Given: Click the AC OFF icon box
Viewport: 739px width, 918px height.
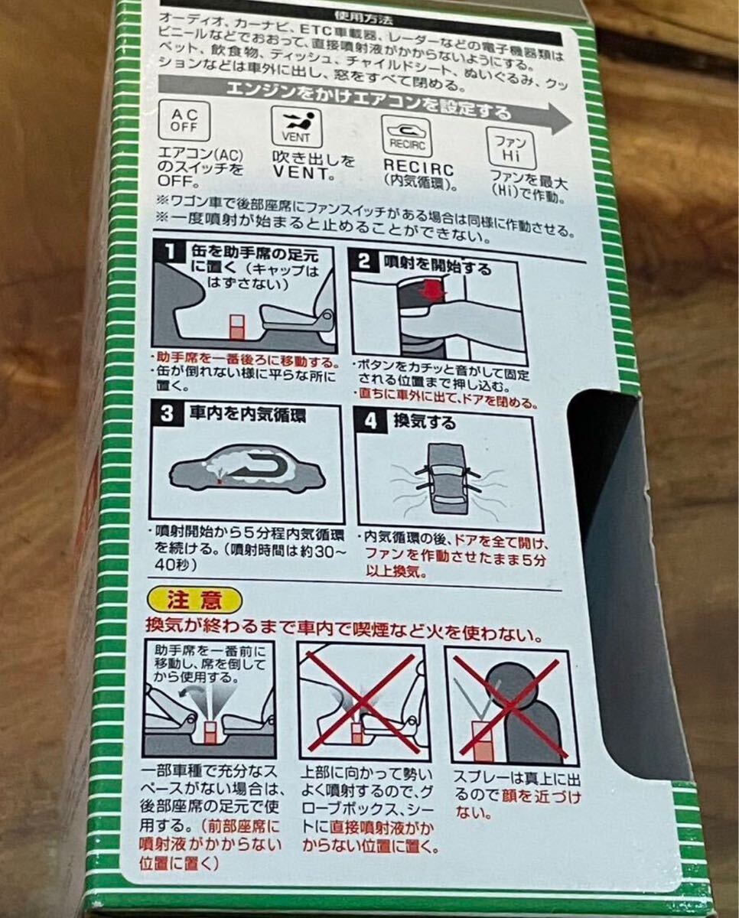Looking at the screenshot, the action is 184,121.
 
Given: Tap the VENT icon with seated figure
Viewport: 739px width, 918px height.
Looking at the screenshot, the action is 297,128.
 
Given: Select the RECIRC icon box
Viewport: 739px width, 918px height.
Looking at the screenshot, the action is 407,137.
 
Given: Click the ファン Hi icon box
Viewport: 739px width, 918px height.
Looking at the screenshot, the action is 512,148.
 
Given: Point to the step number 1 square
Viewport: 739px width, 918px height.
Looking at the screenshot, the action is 169,251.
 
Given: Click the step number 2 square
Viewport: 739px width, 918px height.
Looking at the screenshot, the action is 364,261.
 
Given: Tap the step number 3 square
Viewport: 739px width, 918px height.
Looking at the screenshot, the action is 167,413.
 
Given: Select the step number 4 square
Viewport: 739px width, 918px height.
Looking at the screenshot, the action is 371,421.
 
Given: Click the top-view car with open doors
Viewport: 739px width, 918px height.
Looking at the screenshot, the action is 448,479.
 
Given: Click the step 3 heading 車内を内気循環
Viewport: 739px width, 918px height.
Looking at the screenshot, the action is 248,415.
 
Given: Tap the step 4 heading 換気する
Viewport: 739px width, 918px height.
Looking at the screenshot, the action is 425,422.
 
